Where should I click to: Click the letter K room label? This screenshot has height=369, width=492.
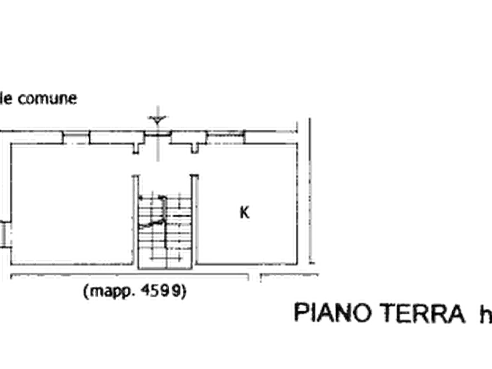pos(245,213)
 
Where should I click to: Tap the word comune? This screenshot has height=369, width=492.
pos(47,99)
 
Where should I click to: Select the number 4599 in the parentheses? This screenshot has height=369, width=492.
pos(161,291)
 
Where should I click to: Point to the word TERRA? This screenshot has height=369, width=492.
pos(424,313)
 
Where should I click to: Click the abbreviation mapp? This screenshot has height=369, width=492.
pos(112,292)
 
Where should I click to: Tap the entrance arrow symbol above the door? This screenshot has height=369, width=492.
pos(158,119)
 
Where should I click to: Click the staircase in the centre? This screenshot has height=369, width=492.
pos(165,231)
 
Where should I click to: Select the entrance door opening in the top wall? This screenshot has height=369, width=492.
pos(158,134)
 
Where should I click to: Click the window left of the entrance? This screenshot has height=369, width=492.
pos(76,138)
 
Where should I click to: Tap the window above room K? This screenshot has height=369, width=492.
pos(225,137)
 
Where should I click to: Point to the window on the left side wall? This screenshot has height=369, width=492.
pos(4,234)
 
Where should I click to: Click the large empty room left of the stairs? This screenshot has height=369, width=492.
pos(72,204)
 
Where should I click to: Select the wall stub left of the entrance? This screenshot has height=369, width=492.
pos(136,148)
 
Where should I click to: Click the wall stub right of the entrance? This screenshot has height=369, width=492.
pos(195,148)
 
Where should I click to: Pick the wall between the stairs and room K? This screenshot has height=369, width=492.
pos(194,220)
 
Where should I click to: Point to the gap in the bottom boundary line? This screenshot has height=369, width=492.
pos(255,276)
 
